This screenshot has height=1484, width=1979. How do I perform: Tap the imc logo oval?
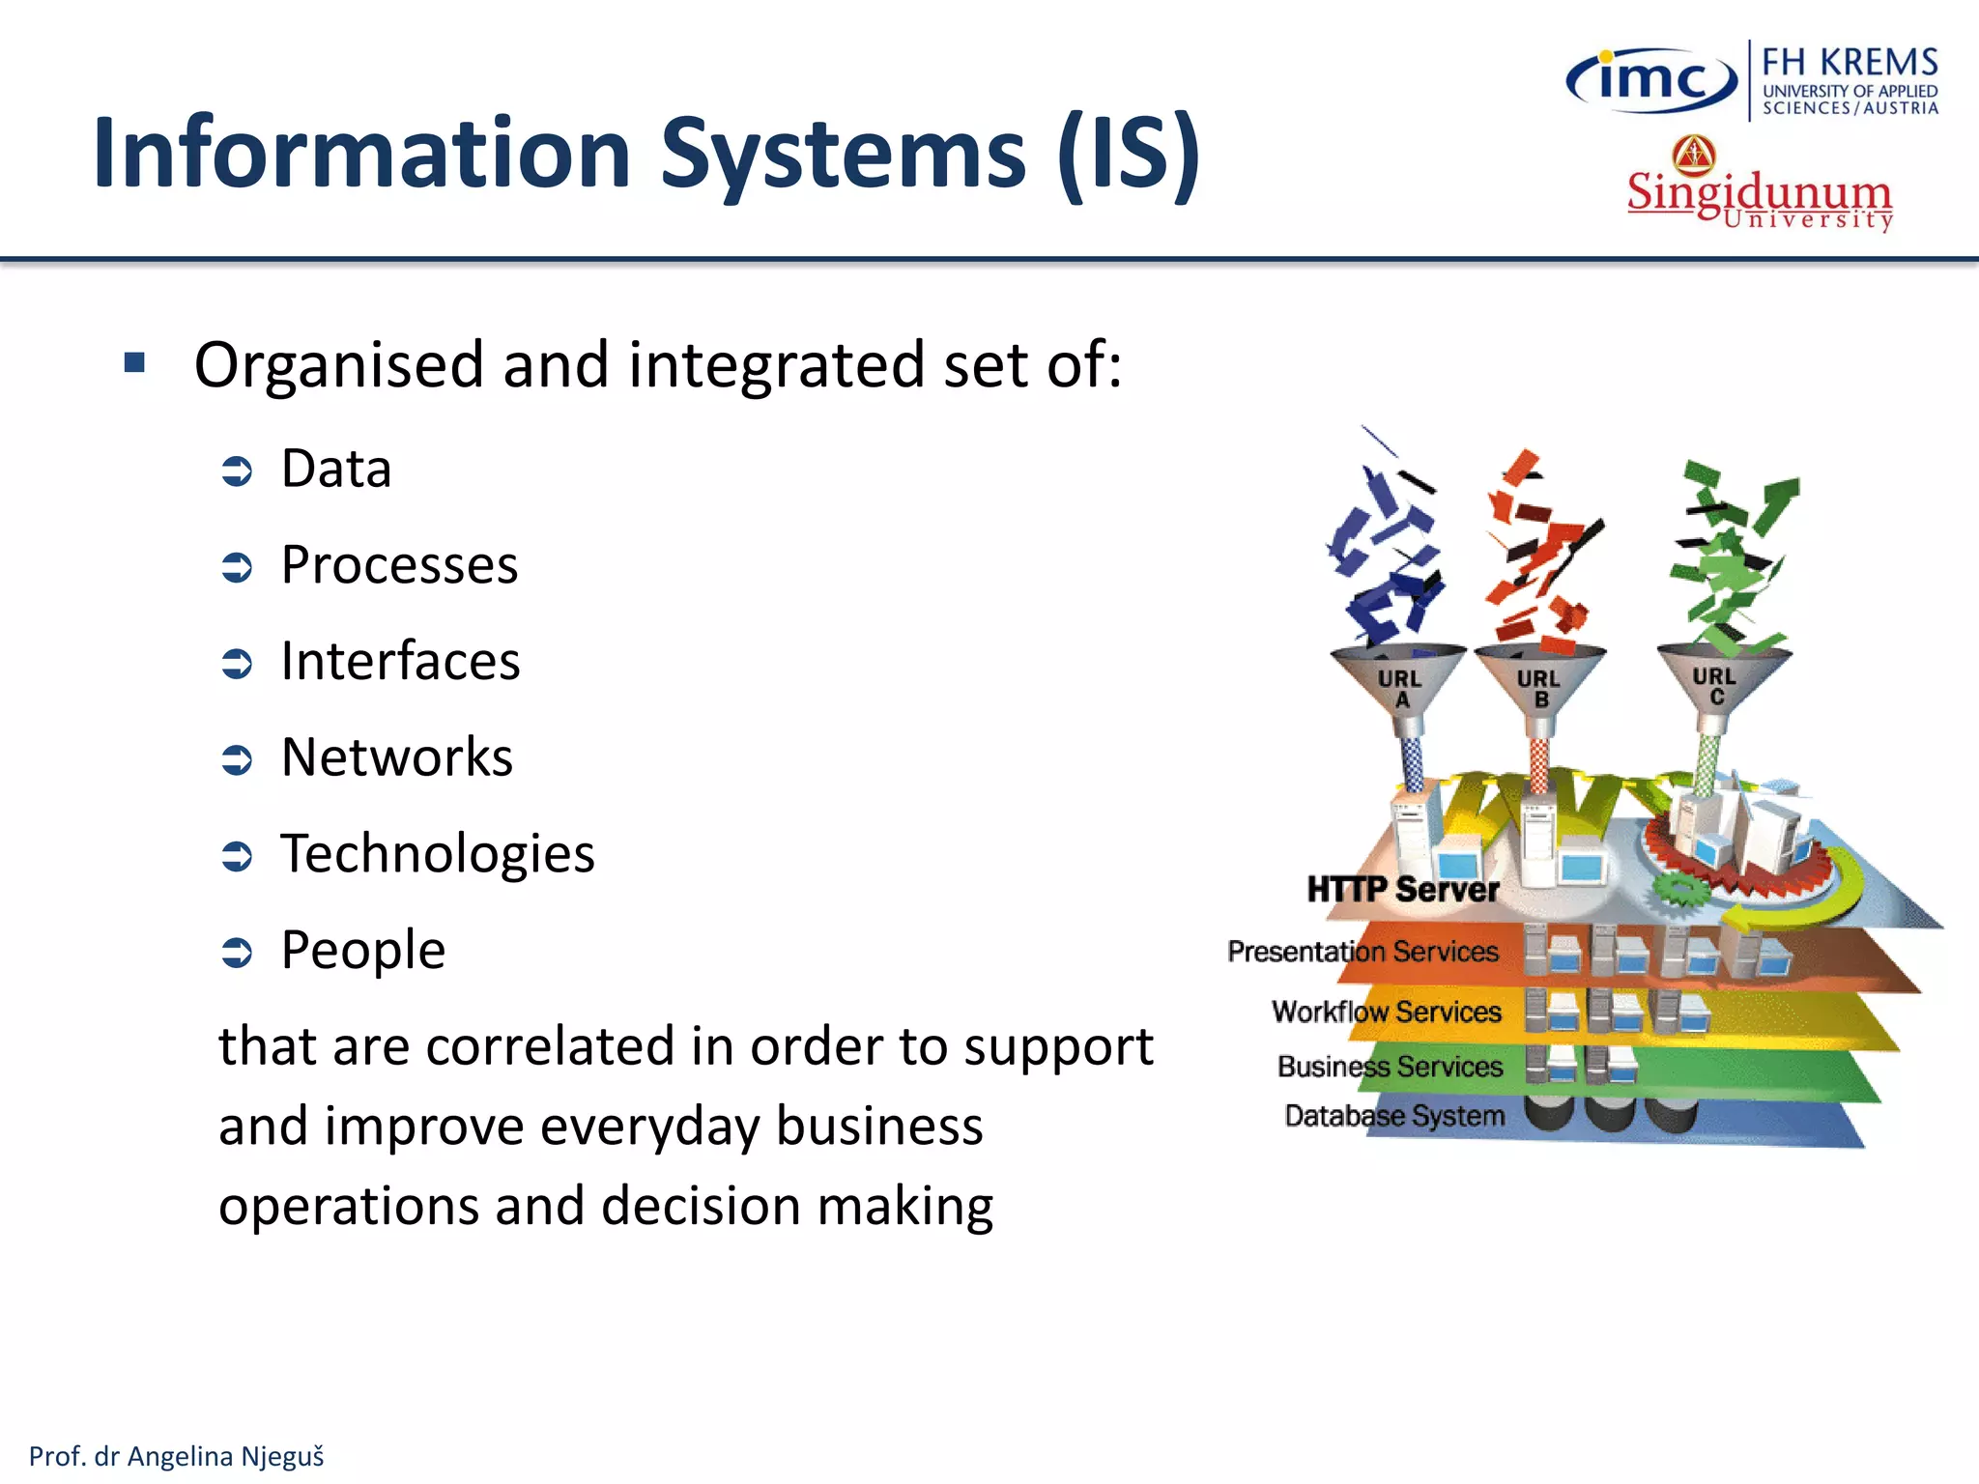coord(1650,81)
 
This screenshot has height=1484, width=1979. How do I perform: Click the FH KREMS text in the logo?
coord(1850,63)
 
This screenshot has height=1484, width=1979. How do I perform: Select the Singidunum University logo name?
coord(1759,193)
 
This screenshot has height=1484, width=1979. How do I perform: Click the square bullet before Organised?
coord(134,363)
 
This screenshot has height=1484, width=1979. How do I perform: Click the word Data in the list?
coord(336,470)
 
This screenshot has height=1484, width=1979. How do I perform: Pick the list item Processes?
coord(399,565)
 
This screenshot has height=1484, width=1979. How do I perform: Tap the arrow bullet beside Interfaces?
coord(237,663)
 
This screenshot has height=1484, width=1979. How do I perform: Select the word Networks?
coord(396,757)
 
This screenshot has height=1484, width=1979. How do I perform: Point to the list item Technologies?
coord(437,854)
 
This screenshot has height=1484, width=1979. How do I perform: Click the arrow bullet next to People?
coord(237,952)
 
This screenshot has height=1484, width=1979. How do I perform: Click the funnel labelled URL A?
coord(1399,681)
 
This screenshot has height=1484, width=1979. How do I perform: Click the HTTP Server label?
coord(1402,890)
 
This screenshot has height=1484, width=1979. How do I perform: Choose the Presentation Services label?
coord(1362,952)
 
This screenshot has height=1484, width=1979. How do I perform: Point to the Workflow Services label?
coord(1386,1012)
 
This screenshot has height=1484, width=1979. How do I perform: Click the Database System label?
coord(1393,1116)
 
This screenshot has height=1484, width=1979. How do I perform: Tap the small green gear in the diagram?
coord(1680,888)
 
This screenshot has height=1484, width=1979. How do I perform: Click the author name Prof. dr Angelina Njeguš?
coord(177,1456)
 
